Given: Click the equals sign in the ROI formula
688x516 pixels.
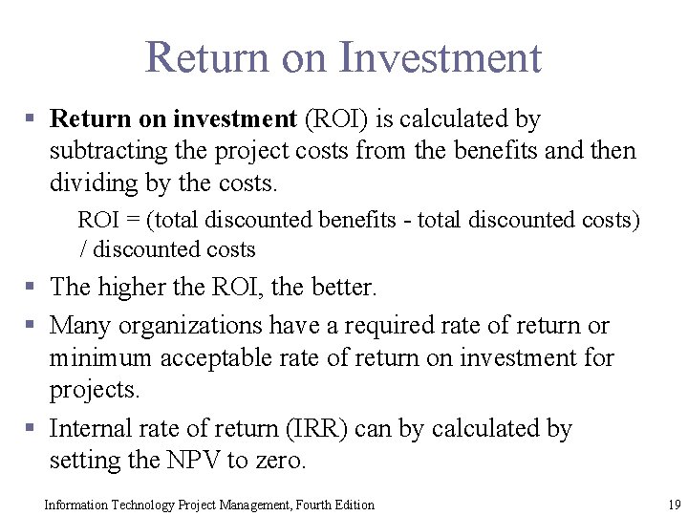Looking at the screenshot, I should coord(135,220).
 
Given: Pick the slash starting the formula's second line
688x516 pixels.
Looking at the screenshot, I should coord(83,250).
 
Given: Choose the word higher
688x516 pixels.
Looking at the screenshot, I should coord(129,286).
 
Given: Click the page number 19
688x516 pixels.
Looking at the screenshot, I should coord(674,504).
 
